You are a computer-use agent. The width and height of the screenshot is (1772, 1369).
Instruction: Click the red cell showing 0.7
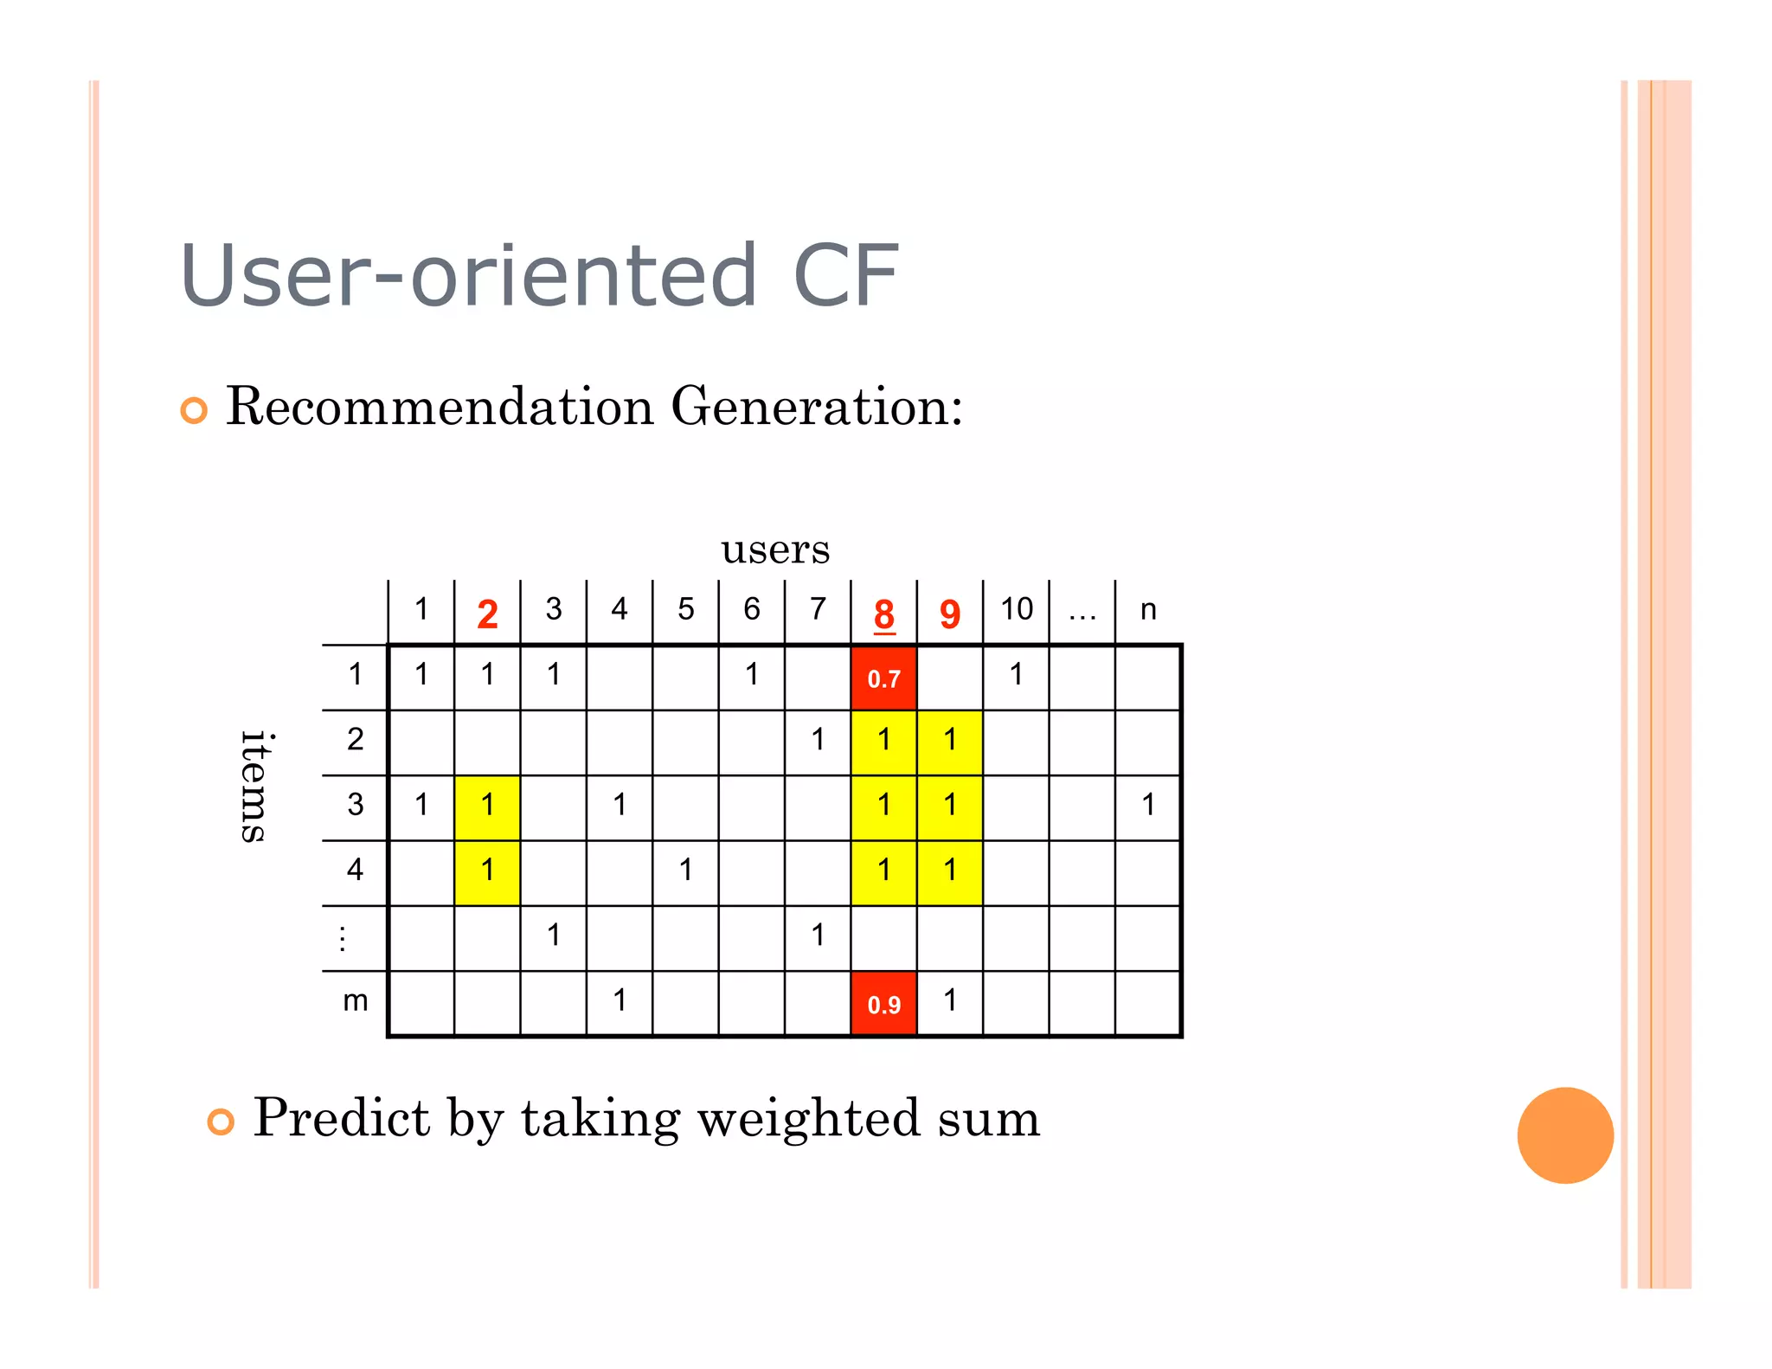point(883,678)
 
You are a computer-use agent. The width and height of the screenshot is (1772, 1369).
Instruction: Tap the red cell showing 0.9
point(883,1004)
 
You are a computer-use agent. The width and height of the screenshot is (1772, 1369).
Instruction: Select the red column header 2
point(487,614)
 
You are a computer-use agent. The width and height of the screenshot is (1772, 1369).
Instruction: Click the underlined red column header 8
point(883,614)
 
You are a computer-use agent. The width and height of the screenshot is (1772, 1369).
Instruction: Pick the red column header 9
point(950,614)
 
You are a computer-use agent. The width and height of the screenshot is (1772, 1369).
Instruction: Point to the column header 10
point(1017,609)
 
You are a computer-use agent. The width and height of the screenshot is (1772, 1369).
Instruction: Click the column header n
point(1148,609)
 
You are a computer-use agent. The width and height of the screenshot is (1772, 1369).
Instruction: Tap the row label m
point(355,1000)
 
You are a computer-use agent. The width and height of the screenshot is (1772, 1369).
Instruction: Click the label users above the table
point(775,549)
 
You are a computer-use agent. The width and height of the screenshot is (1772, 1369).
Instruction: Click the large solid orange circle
point(1564,1134)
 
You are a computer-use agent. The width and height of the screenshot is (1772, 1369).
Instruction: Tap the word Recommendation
point(440,406)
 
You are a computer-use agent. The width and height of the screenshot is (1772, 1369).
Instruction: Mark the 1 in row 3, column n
point(1148,805)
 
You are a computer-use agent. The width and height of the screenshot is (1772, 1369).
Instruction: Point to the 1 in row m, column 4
point(620,1000)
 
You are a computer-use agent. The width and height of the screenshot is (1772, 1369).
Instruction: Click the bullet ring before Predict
point(221,1122)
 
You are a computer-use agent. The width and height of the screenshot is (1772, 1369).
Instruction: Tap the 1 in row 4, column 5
point(685,870)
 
